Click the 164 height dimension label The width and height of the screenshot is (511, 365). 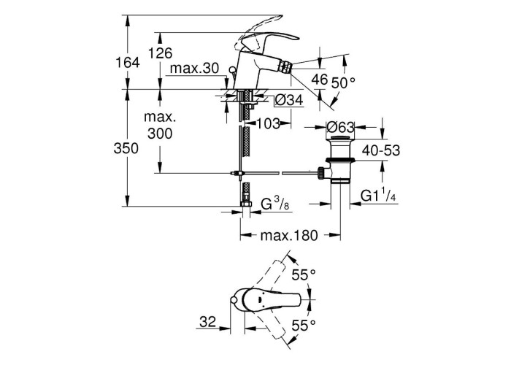tap(128, 62)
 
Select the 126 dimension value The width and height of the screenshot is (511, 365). tap(160, 53)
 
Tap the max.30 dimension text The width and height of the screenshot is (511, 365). tap(194, 69)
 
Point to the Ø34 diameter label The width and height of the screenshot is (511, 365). tap(289, 100)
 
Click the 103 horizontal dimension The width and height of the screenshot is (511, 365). tap(268, 123)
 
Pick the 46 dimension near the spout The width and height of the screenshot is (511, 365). tap(319, 79)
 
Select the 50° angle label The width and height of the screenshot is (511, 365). tap(342, 82)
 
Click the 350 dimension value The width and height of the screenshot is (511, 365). tap(126, 149)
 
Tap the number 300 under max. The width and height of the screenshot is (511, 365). tap(160, 134)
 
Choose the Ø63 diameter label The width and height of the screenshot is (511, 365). tap(340, 127)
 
